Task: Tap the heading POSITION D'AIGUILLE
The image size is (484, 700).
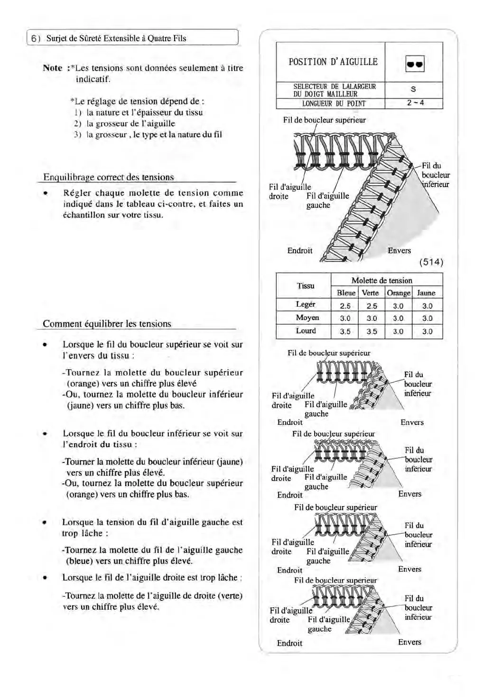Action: tap(333, 62)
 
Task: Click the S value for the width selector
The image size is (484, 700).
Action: tap(414, 89)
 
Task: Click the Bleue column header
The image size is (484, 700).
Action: tap(345, 293)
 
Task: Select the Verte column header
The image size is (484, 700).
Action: tap(372, 293)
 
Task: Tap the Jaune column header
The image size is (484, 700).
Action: tap(427, 293)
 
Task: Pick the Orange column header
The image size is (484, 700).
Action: tap(399, 293)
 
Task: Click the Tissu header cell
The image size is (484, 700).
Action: tap(305, 285)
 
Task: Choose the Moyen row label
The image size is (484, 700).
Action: tap(307, 318)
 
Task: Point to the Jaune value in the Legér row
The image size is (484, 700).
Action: tap(427, 306)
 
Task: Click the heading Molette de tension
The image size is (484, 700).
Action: tap(382, 280)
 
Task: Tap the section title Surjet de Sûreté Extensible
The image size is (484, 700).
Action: tap(116, 38)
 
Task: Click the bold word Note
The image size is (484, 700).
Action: tap(52, 68)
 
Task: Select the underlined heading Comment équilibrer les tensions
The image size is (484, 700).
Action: tap(107, 324)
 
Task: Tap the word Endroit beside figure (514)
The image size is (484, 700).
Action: tap(300, 250)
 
